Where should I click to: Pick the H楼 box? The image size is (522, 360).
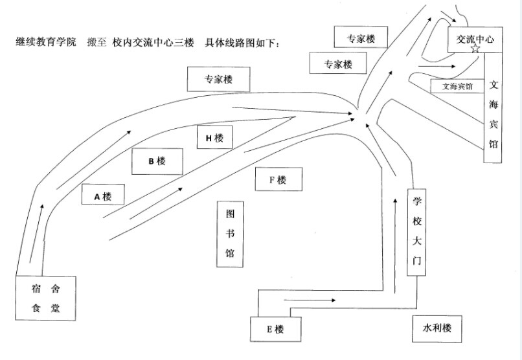pos(214,138)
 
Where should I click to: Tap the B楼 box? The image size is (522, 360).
pos(157,161)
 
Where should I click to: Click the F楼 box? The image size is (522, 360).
pos(278,181)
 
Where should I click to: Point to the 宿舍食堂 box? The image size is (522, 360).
pos(45,298)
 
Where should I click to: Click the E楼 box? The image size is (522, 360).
pos(275,330)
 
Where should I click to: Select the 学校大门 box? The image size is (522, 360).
pos(417,232)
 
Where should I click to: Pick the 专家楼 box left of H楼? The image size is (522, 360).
pos(218,80)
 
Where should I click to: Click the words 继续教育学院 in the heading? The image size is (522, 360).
pos(46,42)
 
